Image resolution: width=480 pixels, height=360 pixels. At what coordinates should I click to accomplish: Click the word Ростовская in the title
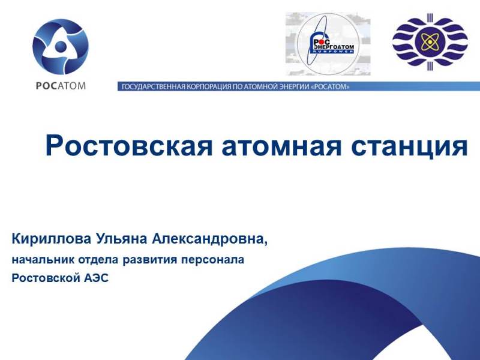tap(128, 146)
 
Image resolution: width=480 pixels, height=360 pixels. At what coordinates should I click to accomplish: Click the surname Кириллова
tap(52, 239)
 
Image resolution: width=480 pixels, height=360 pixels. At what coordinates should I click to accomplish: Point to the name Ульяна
tap(122, 239)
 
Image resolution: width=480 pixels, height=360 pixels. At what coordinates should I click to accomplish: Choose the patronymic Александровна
tap(209, 239)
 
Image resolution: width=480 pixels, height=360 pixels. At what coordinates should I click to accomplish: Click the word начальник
tap(43, 260)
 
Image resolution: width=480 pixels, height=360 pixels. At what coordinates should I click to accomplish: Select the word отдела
tap(98, 260)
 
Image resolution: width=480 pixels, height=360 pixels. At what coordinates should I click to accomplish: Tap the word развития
tap(149, 260)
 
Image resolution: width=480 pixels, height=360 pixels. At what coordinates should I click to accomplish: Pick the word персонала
tap(213, 260)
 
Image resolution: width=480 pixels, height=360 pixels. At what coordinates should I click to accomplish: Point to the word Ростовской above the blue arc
tap(46, 278)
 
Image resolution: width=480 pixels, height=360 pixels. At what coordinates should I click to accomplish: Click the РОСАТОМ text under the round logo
tap(61, 85)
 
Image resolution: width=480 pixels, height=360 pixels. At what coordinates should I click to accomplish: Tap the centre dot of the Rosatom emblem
tap(61, 47)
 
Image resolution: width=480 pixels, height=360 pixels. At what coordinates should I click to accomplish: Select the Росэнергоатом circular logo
tap(328, 44)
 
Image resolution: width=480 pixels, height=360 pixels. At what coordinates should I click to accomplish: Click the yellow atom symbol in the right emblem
tap(430, 41)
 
